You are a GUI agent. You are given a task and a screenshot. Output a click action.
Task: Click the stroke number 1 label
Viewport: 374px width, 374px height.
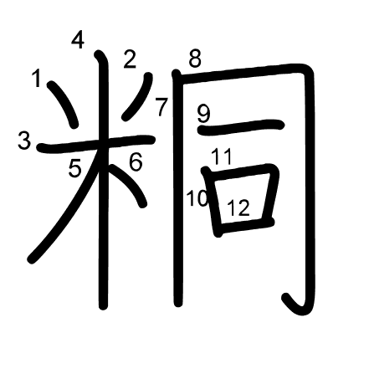(37, 78)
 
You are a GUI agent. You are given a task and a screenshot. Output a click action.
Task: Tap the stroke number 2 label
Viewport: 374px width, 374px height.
(130, 59)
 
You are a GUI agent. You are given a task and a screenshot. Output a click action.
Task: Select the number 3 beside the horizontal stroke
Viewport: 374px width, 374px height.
(24, 141)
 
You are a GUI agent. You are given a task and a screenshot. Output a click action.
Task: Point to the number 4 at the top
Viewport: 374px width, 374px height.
(78, 40)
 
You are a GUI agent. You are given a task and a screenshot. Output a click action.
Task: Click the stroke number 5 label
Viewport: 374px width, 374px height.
(74, 169)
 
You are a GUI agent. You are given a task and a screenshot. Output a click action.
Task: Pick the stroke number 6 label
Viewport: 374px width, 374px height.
(136, 161)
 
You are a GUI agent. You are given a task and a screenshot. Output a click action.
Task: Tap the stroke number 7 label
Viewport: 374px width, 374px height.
(161, 107)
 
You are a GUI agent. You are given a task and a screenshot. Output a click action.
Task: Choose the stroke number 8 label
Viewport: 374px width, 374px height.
(195, 59)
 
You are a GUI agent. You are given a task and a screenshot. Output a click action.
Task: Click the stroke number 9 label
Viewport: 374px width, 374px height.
(203, 114)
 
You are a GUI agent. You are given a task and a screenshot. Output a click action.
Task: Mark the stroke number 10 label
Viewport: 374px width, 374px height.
(197, 198)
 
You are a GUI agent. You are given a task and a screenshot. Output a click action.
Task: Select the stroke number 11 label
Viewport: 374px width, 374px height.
(221, 156)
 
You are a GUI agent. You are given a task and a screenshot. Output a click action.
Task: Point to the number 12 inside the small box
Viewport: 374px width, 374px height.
(238, 207)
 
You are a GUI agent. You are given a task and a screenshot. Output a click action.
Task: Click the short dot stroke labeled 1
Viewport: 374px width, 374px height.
(63, 104)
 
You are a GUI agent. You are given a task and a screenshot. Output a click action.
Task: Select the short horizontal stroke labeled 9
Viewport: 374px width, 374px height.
(241, 127)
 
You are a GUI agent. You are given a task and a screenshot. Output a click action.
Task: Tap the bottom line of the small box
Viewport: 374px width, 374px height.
(245, 225)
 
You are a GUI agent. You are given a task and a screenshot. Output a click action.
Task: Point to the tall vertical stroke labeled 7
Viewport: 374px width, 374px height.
(177, 188)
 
